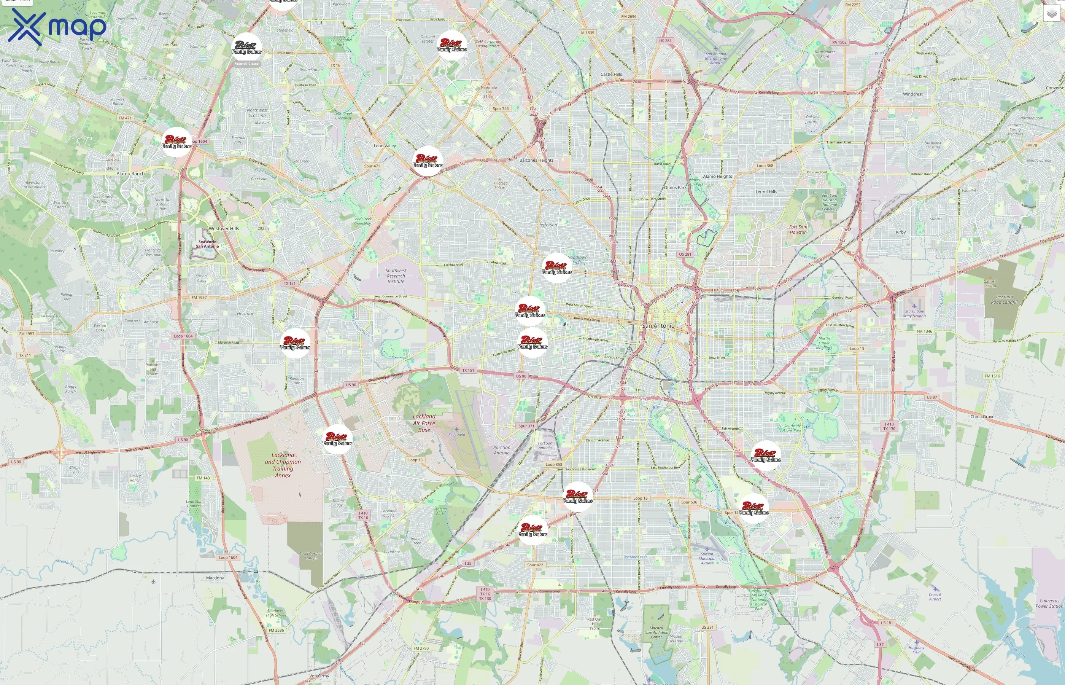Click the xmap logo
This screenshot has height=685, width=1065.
coord(57,27)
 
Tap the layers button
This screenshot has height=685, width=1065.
coord(1051,14)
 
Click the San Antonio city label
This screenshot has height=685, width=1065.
coord(658,326)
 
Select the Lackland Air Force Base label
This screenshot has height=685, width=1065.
coord(424,423)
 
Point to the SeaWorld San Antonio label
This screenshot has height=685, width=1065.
coord(207,244)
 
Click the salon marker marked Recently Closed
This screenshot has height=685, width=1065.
coord(247,47)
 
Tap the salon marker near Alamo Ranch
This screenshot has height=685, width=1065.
coord(176,142)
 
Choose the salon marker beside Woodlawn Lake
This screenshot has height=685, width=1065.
coord(556,268)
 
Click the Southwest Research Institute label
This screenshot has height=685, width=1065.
coord(396,276)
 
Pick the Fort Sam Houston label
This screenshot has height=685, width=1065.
coord(798,229)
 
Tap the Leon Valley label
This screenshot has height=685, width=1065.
coord(385,146)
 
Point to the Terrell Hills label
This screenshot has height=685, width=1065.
coord(766,191)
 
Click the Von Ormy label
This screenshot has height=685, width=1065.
coord(319,675)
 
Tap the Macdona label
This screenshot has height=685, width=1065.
coord(215,578)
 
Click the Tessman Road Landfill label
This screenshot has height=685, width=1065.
coord(1004,299)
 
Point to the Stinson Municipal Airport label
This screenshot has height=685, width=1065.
coord(707,558)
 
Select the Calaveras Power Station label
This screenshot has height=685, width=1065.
coord(1049,603)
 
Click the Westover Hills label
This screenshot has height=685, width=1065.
coord(224,229)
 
